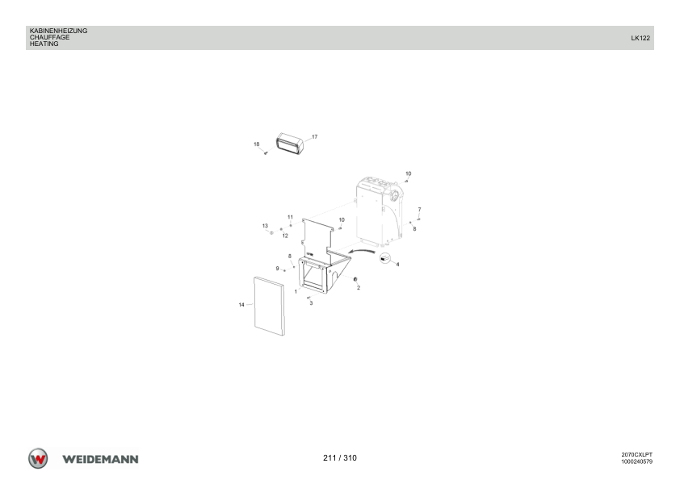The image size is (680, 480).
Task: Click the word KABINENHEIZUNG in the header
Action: [58, 31]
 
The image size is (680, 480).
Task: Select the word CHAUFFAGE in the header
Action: [49, 37]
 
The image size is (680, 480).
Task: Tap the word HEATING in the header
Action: [44, 44]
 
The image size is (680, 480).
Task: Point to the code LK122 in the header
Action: [640, 38]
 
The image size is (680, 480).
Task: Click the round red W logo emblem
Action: [38, 458]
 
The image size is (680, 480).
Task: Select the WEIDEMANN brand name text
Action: [100, 459]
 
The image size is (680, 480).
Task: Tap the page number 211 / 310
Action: [340, 458]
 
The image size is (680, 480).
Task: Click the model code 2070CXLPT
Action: [636, 455]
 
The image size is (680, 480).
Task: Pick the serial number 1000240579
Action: [636, 461]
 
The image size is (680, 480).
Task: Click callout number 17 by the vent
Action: [314, 137]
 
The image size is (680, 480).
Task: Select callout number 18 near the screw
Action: [256, 144]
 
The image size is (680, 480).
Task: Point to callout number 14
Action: [241, 305]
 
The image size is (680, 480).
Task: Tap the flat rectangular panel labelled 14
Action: [269, 307]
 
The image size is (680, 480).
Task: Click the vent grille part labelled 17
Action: [290, 144]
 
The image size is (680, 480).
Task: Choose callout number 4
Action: [397, 265]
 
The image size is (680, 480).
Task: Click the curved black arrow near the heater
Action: [361, 250]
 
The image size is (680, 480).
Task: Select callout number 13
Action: [265, 226]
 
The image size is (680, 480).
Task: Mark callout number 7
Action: [419, 210]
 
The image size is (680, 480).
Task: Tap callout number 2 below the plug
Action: [359, 288]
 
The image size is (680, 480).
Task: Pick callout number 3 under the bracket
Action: [311, 303]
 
